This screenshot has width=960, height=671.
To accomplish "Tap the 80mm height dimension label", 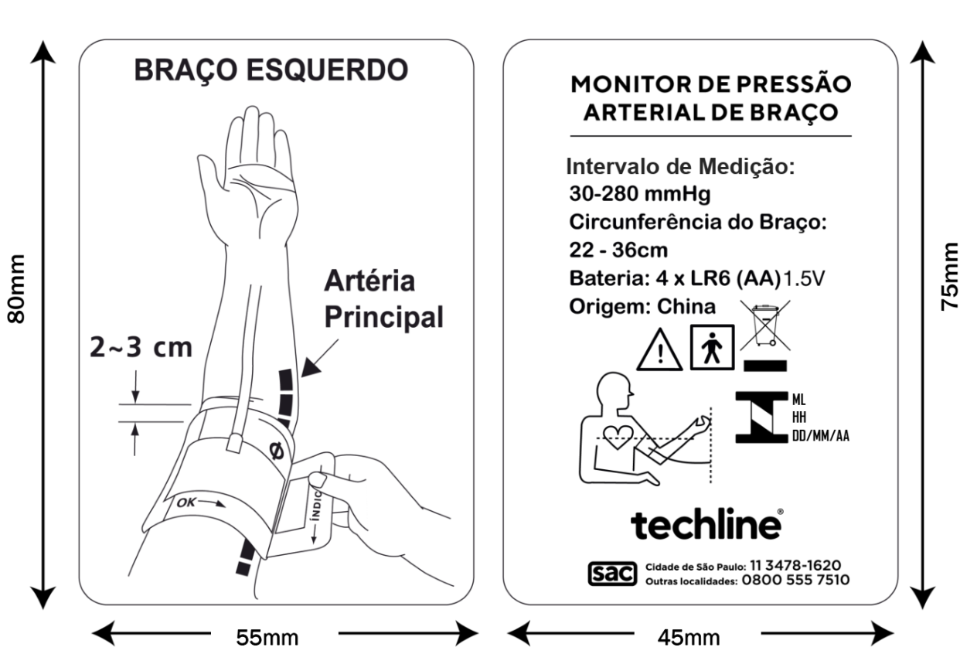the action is (x=16, y=289).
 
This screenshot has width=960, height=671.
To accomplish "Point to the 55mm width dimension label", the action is (x=267, y=638).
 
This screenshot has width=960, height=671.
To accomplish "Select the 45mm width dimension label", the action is (x=689, y=638).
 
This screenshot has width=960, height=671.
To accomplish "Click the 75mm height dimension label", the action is (x=949, y=277).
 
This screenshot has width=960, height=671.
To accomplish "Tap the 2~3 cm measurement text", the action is (x=141, y=347).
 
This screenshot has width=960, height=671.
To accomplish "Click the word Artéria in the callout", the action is (x=369, y=281).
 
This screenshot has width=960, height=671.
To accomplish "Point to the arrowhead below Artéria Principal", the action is (x=310, y=368).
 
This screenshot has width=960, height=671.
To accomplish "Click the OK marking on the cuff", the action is (x=187, y=502).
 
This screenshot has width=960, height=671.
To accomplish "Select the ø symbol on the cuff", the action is (x=277, y=451).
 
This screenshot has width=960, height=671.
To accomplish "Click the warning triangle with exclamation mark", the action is (x=659, y=350).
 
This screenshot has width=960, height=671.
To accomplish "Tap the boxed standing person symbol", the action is (x=712, y=347).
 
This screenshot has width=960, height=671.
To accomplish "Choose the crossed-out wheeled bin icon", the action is (x=765, y=325).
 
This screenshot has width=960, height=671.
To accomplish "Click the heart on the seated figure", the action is (x=618, y=437).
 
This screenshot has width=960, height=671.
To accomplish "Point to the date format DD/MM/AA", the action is (x=820, y=436).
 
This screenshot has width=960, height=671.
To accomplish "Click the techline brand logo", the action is (x=706, y=524).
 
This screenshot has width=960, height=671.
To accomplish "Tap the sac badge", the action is (x=612, y=574).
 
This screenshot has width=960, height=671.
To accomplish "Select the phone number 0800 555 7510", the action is (x=795, y=580).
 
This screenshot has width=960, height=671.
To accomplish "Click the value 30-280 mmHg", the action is (x=639, y=193).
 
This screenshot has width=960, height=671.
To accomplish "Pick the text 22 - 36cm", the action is (x=618, y=250).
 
